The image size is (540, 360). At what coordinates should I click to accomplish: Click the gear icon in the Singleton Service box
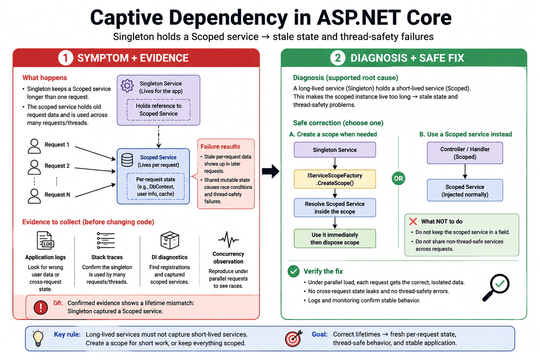coord(127,85)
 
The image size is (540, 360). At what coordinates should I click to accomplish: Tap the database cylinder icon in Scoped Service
coord(127,160)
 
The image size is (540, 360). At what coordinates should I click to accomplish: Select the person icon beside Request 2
coord(34,167)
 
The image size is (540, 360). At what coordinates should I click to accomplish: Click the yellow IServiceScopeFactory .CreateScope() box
coord(335,179)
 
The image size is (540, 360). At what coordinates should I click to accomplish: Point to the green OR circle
coord(398,179)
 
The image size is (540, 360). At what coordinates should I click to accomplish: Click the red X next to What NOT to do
coord(413,221)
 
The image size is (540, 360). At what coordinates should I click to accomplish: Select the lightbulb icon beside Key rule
coord(38,338)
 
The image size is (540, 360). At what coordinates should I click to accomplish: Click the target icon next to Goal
coord(294,338)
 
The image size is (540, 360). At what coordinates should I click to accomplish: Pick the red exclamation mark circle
coord(41,307)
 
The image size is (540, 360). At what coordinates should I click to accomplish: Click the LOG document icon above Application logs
coord(45,240)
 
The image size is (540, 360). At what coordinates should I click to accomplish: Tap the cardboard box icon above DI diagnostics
coord(170,240)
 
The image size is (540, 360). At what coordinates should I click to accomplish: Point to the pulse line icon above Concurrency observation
coord(228,239)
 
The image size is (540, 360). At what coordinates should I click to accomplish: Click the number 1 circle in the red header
coord(65,58)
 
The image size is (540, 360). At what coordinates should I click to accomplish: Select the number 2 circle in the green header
coord(337,58)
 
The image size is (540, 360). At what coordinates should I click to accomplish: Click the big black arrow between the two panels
coord(271,171)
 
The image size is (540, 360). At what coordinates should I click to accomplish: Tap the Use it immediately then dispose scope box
coord(335,238)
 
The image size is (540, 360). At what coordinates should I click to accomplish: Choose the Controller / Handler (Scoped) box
coord(465,153)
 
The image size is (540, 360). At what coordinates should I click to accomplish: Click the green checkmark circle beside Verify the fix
coord(294,271)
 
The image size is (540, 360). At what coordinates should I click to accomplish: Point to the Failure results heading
coord(220,147)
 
